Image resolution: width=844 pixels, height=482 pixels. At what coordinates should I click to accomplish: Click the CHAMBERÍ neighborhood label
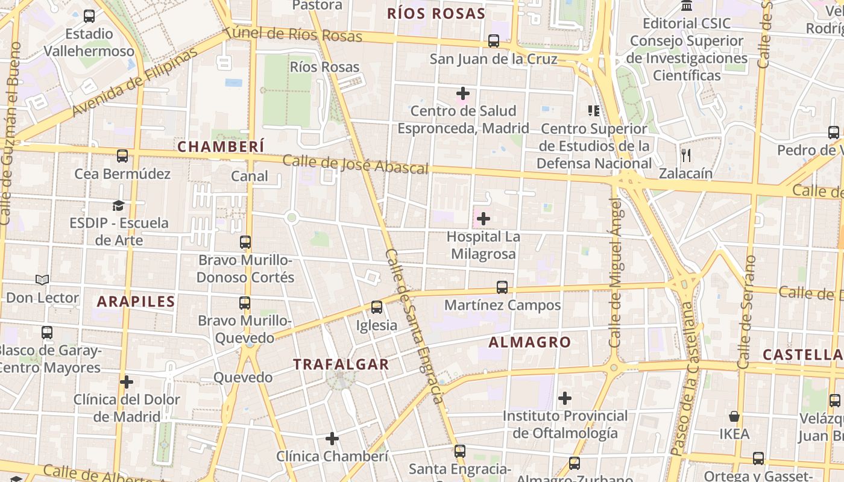(x=221, y=146)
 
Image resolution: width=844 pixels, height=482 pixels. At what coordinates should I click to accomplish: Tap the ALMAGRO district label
(x=529, y=342)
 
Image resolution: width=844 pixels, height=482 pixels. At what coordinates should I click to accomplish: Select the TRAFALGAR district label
(x=341, y=364)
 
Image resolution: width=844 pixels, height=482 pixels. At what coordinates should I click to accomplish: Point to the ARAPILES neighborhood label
(x=136, y=302)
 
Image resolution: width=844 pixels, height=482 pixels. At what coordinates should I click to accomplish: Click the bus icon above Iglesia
(x=377, y=307)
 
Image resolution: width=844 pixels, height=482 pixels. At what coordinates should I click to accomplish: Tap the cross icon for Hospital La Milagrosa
(x=483, y=219)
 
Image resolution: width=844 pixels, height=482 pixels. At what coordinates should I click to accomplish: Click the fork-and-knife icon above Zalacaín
(x=686, y=155)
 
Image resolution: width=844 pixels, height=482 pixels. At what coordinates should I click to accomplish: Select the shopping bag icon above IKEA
(x=734, y=416)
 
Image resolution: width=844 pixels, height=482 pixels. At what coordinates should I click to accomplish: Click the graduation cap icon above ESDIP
(x=118, y=205)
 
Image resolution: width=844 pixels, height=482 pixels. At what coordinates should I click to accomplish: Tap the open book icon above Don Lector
(x=42, y=280)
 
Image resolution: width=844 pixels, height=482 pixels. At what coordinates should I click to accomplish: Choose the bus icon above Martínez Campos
(x=502, y=287)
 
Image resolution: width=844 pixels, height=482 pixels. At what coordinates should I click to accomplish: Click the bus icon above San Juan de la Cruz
(x=494, y=41)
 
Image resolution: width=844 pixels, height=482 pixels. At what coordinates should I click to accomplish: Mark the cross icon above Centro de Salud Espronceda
(x=463, y=93)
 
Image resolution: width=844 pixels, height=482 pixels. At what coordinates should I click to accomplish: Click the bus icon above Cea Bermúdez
(x=122, y=156)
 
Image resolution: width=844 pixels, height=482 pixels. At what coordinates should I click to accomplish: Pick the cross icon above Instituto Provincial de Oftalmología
(x=565, y=398)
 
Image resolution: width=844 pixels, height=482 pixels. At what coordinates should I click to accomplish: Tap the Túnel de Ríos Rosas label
(x=296, y=34)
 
